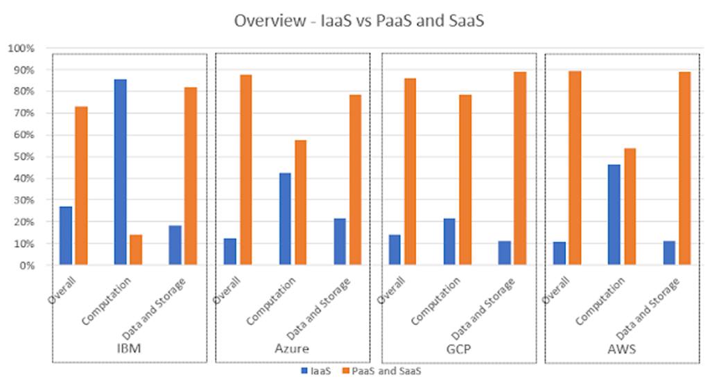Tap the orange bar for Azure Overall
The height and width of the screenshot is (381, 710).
tap(245, 170)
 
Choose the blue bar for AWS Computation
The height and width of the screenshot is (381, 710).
tap(614, 215)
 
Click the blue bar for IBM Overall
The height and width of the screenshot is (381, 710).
tap(66, 236)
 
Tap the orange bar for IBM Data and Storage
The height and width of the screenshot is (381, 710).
tap(191, 176)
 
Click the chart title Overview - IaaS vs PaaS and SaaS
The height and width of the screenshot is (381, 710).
tap(358, 21)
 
